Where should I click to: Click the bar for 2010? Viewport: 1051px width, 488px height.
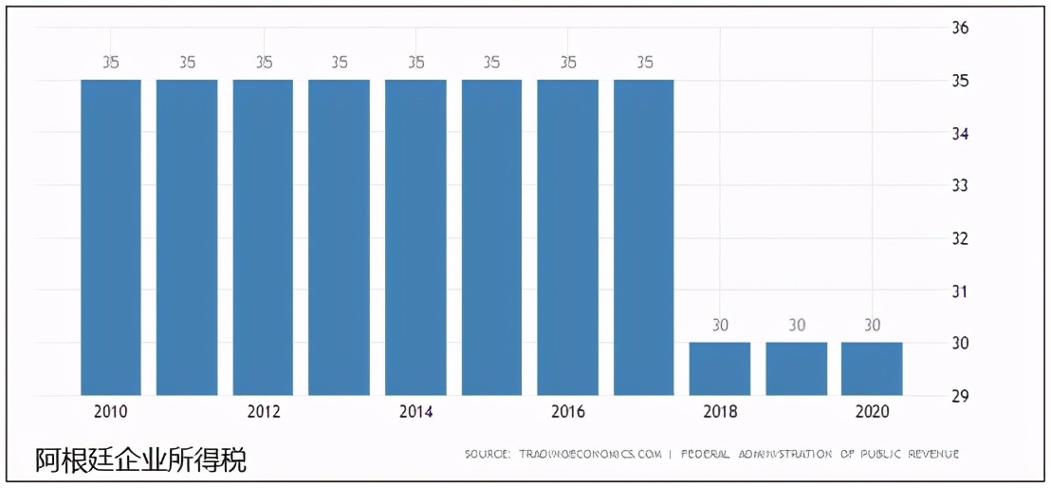(111, 237)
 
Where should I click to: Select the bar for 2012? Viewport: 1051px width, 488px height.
(263, 237)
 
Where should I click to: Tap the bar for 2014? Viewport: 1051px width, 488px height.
(415, 237)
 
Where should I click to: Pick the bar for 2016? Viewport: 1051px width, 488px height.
(567, 237)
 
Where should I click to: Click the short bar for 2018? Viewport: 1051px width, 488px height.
(720, 368)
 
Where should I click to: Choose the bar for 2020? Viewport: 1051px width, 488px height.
(872, 368)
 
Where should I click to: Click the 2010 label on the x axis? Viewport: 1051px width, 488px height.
(111, 412)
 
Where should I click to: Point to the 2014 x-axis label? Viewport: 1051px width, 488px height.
(415, 412)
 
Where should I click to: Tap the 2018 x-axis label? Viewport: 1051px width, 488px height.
(720, 412)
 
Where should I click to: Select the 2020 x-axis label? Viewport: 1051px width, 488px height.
(872, 412)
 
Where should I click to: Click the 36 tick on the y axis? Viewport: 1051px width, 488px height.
(959, 28)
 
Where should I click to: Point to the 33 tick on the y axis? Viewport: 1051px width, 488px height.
(959, 185)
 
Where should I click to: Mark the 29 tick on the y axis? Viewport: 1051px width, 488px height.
(959, 396)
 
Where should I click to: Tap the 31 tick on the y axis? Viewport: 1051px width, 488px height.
(959, 291)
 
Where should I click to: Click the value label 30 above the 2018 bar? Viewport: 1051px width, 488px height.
(720, 326)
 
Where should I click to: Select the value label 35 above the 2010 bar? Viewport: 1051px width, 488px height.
(111, 63)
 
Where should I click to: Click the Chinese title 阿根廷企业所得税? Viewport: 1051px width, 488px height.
(141, 460)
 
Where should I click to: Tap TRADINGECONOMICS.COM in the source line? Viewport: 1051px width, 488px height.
(589, 454)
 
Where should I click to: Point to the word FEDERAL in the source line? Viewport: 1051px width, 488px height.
(706, 454)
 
